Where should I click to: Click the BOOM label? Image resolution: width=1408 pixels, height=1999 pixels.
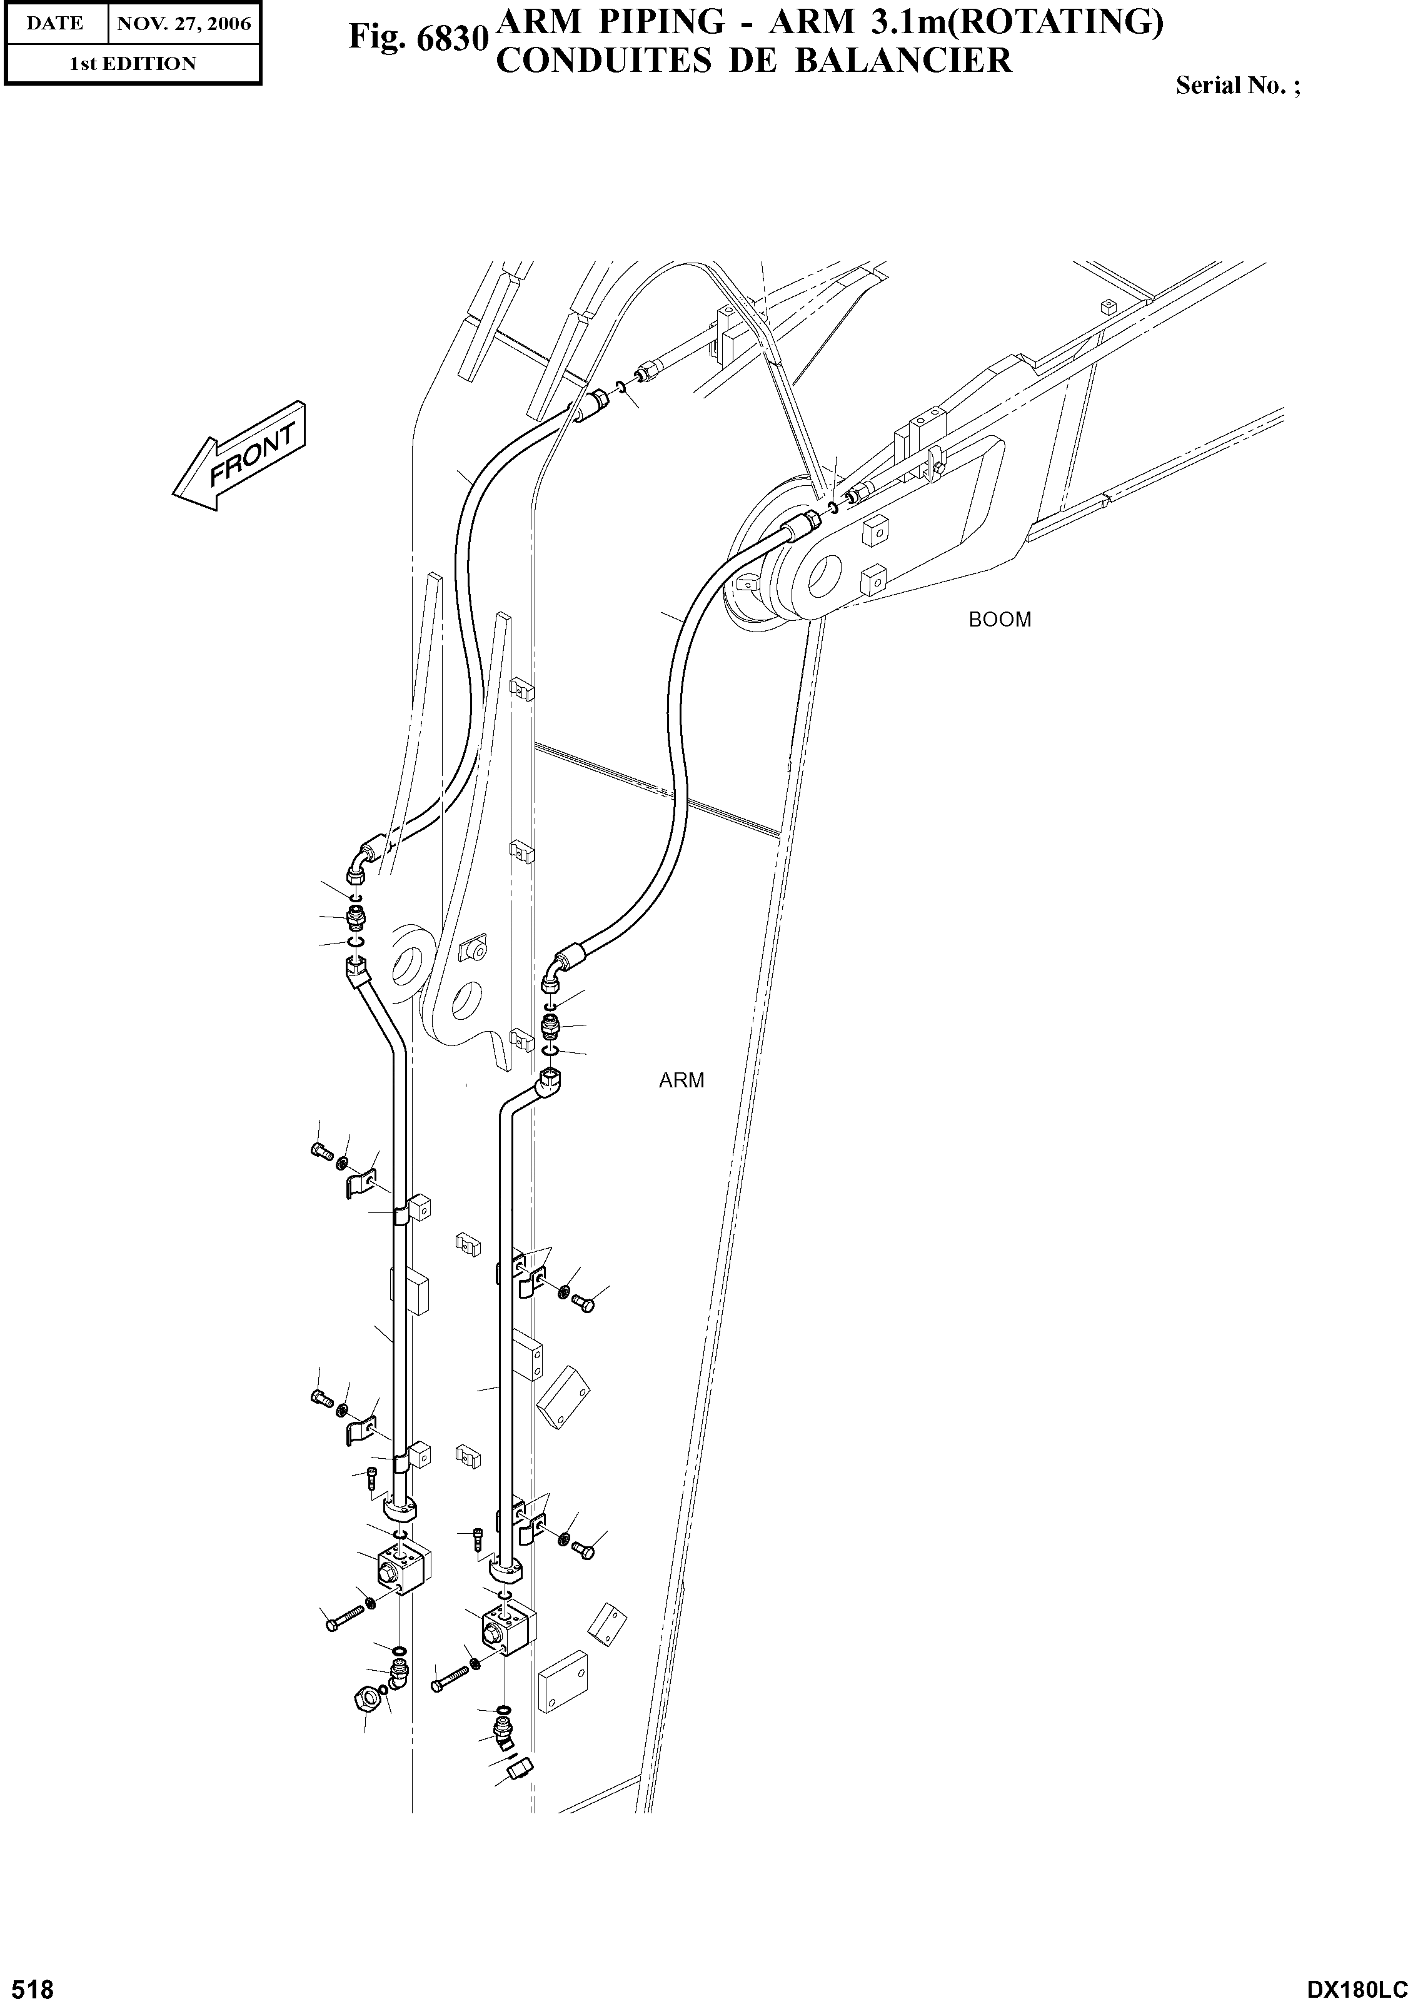pyautogui.click(x=1000, y=620)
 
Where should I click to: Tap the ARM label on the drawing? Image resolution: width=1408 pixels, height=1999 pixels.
pyautogui.click(x=681, y=1080)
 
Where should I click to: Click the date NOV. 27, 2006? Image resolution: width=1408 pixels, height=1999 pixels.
pyautogui.click(x=184, y=24)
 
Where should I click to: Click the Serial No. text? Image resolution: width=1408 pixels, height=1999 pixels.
pyautogui.click(x=1237, y=85)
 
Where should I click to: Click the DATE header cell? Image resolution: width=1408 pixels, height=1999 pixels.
pyautogui.click(x=54, y=24)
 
